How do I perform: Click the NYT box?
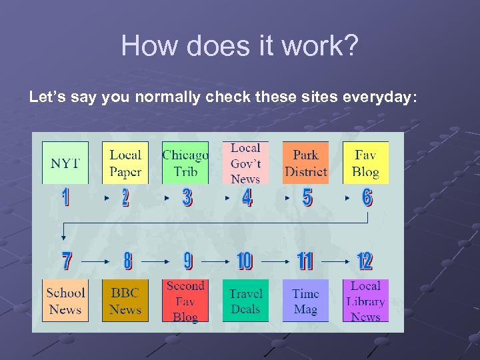[x=65, y=163]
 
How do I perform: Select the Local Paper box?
[x=125, y=163]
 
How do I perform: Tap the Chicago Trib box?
[x=185, y=163]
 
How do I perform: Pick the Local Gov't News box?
[x=245, y=163]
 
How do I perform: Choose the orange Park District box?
[x=305, y=163]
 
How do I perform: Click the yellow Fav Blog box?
[x=365, y=163]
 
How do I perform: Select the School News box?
[x=65, y=301]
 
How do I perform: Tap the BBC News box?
[x=125, y=301]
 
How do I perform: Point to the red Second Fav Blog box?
[x=185, y=301]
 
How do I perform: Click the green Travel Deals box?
[x=245, y=301]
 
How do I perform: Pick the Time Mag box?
[x=305, y=301]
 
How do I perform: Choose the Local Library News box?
[x=365, y=301]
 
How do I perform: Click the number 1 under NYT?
[x=65, y=197]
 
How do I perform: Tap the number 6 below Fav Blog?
[x=367, y=197]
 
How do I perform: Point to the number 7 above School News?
[x=67, y=261]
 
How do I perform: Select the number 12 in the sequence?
[x=365, y=261]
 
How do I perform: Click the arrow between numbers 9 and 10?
[x=215, y=262]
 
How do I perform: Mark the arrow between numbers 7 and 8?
[x=95, y=262]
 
